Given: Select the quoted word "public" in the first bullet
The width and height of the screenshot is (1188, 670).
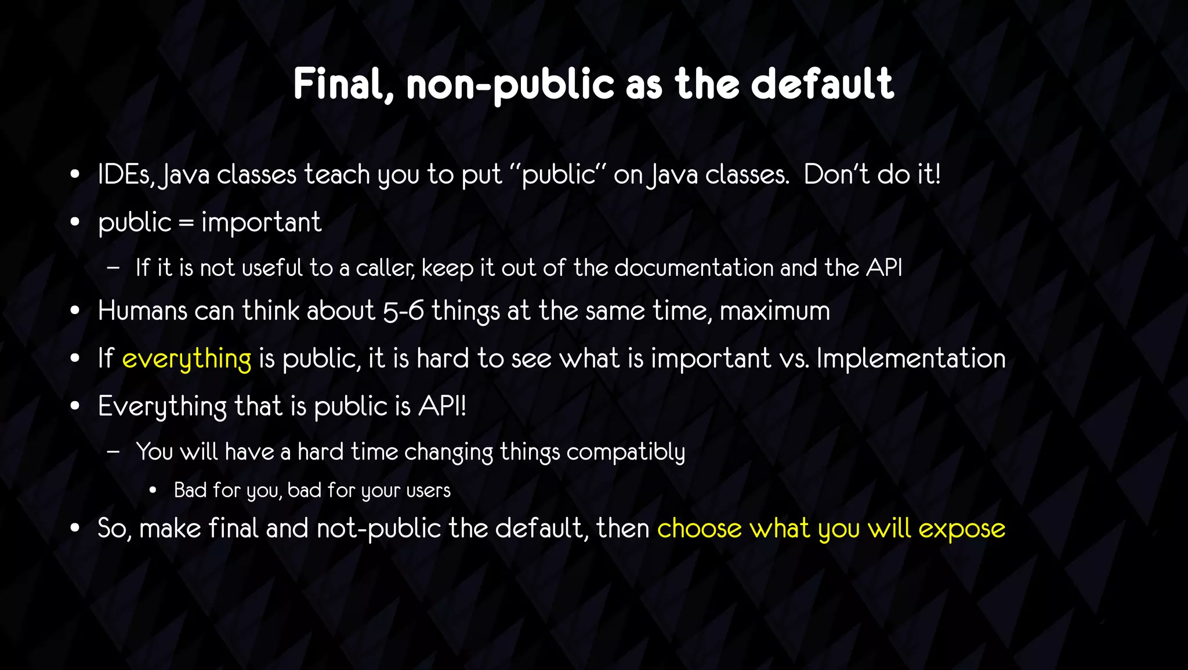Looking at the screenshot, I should point(559,174).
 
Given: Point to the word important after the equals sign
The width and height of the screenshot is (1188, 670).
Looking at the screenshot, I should point(261,223).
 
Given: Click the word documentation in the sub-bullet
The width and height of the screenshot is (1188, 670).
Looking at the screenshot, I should point(694,268).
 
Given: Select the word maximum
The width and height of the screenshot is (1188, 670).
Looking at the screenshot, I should point(774,311).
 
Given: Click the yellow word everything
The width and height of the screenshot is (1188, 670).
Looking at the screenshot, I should point(187,359).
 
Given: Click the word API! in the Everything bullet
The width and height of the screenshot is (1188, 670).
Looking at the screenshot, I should point(442,406).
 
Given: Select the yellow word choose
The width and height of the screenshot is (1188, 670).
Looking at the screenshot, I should point(699,529).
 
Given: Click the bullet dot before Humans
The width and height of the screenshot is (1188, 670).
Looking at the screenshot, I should point(74,311).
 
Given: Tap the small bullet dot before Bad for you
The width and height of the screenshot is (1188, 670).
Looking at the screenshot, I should point(153,491).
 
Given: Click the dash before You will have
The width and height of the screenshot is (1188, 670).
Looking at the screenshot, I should point(113,451).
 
